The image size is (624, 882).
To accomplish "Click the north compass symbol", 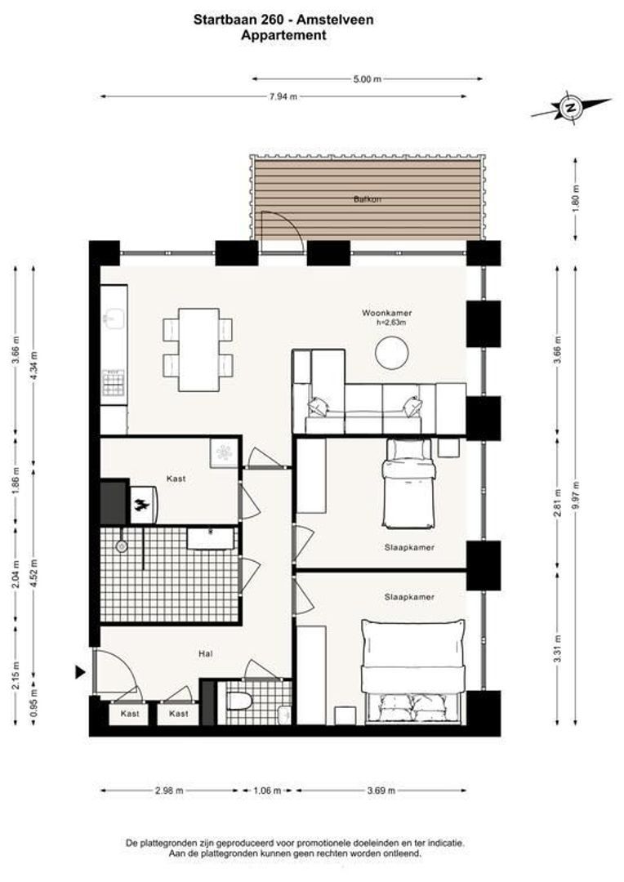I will pyautogui.click(x=571, y=107).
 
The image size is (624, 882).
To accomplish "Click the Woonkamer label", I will pyautogui.click(x=386, y=313).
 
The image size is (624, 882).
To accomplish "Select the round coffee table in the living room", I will pyautogui.click(x=392, y=353).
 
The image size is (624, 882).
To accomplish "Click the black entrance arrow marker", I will pyautogui.click(x=80, y=672).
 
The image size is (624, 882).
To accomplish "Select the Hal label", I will pyautogui.click(x=206, y=653).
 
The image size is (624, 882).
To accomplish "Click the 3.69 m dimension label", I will pyautogui.click(x=381, y=791).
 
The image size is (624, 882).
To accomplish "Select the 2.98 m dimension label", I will pyautogui.click(x=170, y=791).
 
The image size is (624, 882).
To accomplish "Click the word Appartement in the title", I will pyautogui.click(x=283, y=35).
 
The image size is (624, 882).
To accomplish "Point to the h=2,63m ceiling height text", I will pyautogui.click(x=391, y=323).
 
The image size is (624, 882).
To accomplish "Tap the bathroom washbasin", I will pyautogui.click(x=211, y=537).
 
